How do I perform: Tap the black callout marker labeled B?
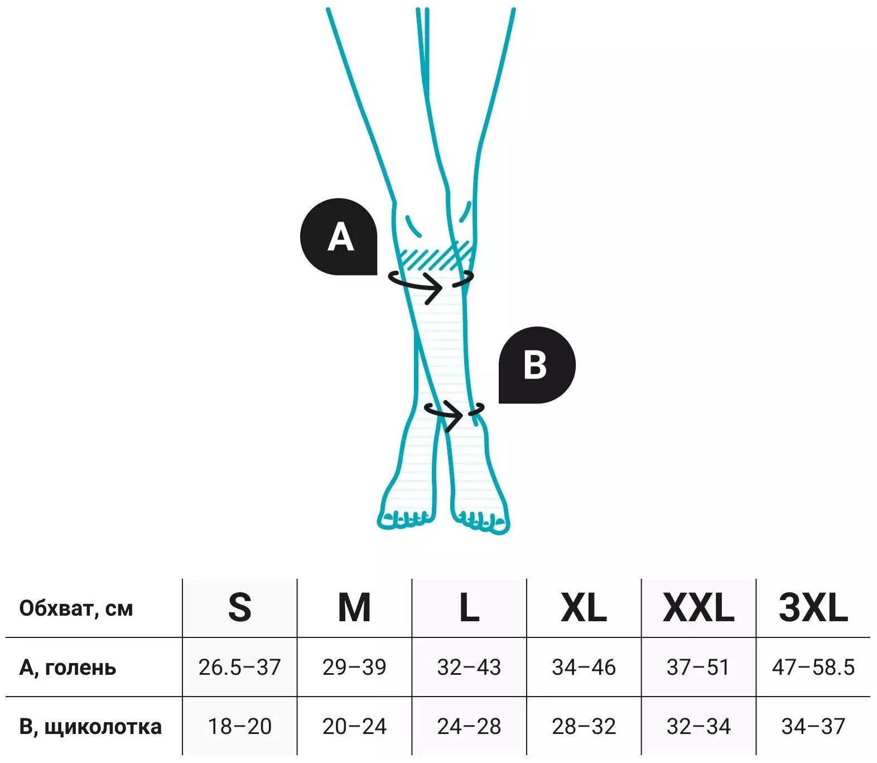tap(536, 365)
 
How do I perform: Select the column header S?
tap(240, 608)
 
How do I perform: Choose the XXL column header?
tap(698, 608)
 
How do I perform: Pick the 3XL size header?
tap(813, 608)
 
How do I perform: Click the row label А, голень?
tap(68, 668)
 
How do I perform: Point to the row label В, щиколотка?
tap(90, 727)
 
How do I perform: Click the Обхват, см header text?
tap(76, 608)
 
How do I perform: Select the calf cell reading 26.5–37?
tap(240, 668)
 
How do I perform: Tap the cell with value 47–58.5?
tap(813, 668)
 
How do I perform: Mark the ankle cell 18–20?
tap(240, 727)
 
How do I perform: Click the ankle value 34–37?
tap(813, 727)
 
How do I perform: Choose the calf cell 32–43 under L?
tap(469, 668)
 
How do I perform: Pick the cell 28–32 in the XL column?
tap(584, 727)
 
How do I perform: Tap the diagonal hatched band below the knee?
tap(435, 257)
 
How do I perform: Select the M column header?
tap(354, 608)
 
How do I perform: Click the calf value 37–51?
tap(698, 668)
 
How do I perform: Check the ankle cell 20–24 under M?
tap(354, 727)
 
